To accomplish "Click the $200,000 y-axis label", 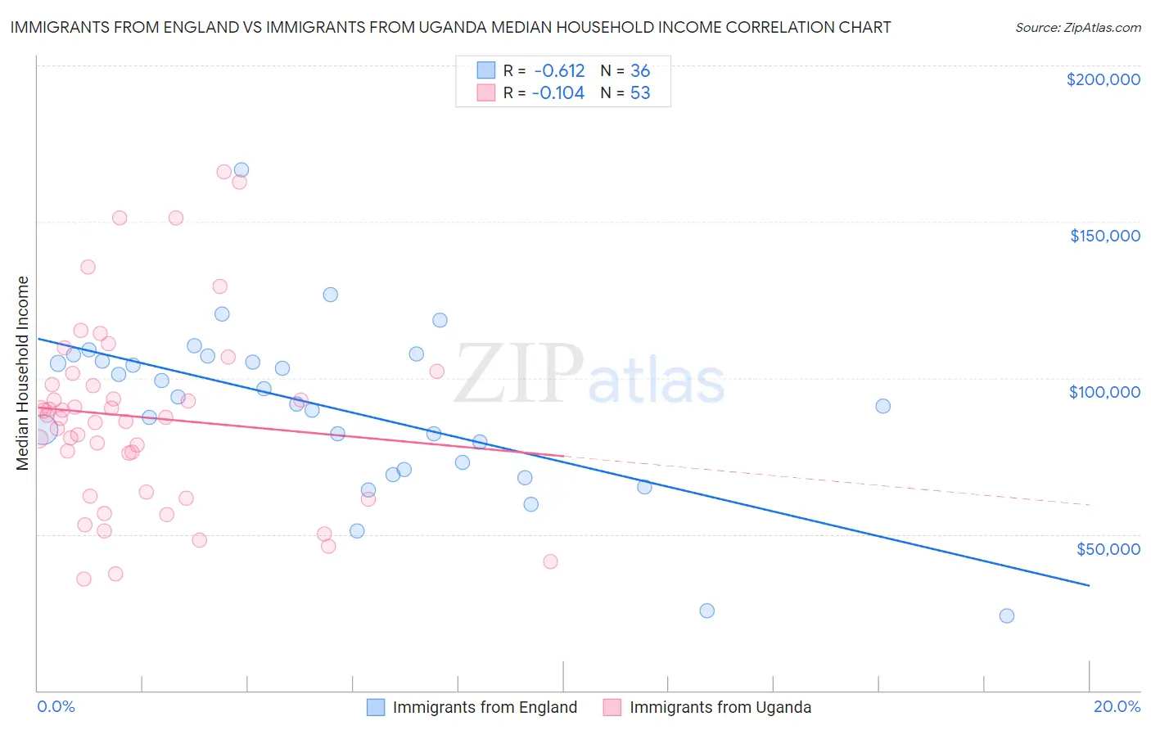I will [x=1103, y=79].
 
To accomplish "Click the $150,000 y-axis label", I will [x=1104, y=236].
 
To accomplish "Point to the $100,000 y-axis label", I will [x=1104, y=392].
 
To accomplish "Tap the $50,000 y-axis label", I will [x=1108, y=548].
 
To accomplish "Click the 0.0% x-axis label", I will [x=56, y=706].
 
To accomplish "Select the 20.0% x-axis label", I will [x=1117, y=706].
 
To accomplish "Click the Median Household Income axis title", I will [x=22, y=373].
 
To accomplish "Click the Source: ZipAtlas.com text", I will [x=1077, y=27].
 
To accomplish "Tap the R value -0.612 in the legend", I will [x=559, y=71].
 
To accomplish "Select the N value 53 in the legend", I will [x=640, y=93].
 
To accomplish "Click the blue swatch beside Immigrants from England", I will [x=376, y=707].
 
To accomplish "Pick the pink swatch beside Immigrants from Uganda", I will [x=612, y=707].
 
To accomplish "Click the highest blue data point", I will [x=241, y=170].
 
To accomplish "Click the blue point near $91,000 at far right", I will [x=882, y=406].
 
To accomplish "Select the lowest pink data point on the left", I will [x=84, y=579].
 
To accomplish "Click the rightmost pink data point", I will [x=550, y=561].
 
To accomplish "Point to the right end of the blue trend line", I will [x=1089, y=585].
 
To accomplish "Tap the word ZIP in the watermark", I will [x=518, y=374].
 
